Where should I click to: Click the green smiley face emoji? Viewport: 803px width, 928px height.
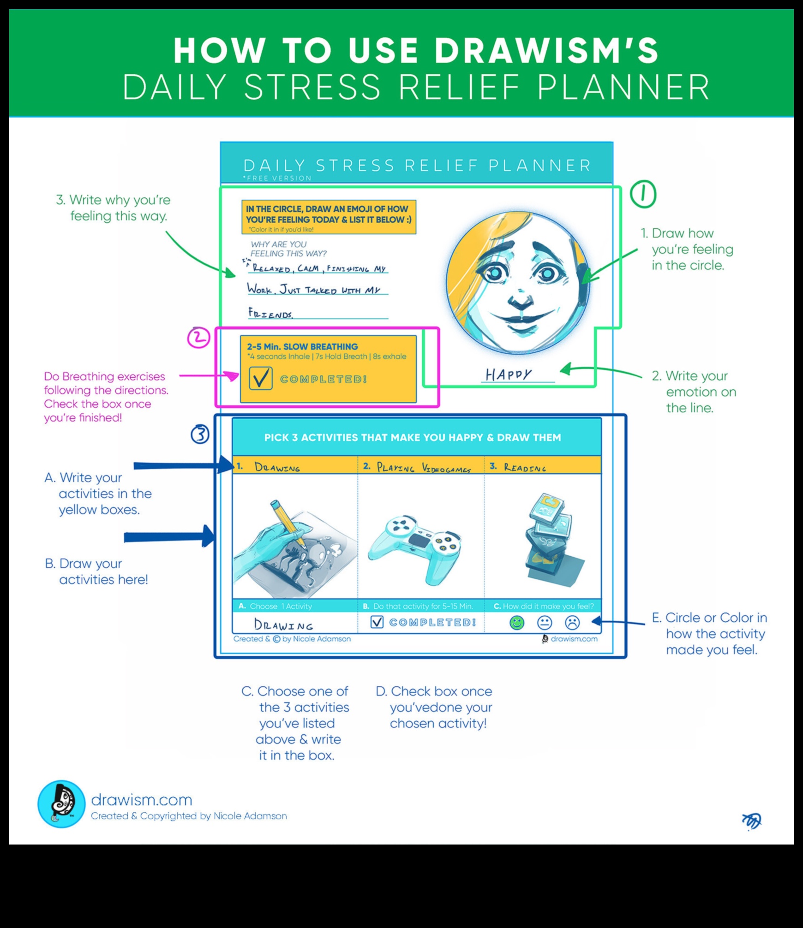tap(517, 623)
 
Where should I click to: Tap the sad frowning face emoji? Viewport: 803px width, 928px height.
tap(572, 623)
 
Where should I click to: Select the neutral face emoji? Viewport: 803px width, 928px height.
tap(545, 623)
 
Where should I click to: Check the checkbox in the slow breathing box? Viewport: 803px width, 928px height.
tap(260, 379)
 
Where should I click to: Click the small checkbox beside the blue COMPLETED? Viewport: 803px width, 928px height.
tap(377, 622)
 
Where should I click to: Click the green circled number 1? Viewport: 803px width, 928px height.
tap(643, 194)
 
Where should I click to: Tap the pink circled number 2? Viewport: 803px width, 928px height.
tap(198, 338)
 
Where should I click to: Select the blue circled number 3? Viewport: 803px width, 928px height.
tap(200, 434)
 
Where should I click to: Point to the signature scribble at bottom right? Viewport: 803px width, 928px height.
tap(751, 821)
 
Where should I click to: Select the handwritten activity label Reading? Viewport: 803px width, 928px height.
tap(525, 468)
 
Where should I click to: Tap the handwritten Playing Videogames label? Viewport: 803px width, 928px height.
tap(423, 468)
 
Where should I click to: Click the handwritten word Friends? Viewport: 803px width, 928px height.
tap(270, 314)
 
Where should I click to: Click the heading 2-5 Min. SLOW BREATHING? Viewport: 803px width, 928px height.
tap(302, 346)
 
